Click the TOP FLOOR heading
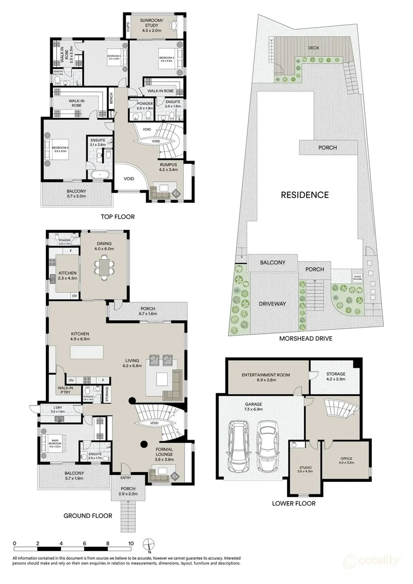click(117, 217)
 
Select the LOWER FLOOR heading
click(294, 503)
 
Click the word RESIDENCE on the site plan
click(304, 195)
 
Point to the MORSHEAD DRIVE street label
click(305, 339)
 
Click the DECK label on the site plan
click(313, 48)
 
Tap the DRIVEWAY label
click(272, 304)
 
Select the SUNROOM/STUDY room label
click(152, 23)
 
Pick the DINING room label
click(104, 247)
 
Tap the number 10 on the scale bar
click(130, 543)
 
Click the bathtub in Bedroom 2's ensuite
click(101, 175)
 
